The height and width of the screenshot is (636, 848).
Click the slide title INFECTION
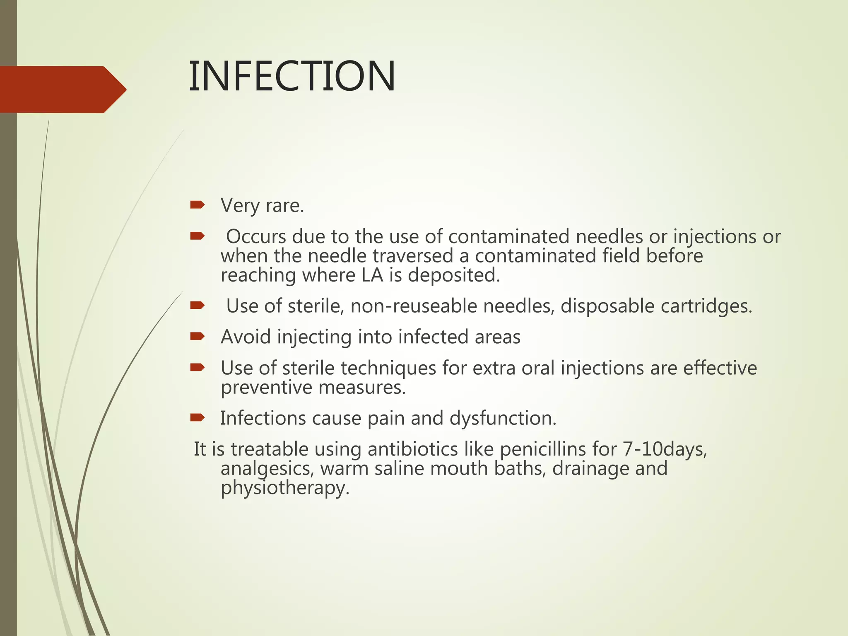tap(292, 76)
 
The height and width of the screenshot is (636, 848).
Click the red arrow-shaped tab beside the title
tap(62, 89)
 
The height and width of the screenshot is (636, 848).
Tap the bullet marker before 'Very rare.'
tap(197, 205)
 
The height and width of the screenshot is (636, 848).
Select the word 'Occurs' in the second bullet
tap(256, 236)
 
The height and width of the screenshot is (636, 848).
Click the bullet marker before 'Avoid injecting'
tap(197, 337)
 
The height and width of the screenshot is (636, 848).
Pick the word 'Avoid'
tap(246, 337)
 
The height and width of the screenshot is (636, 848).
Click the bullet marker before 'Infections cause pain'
tap(197, 418)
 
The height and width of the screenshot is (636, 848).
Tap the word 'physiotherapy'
tap(284, 488)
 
